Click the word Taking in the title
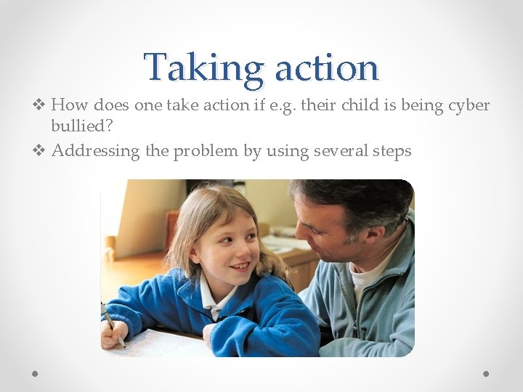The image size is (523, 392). pos(203,68)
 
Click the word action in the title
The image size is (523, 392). pos(326,68)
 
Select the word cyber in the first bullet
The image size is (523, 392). pos(469,105)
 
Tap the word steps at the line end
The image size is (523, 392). pos(392,151)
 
